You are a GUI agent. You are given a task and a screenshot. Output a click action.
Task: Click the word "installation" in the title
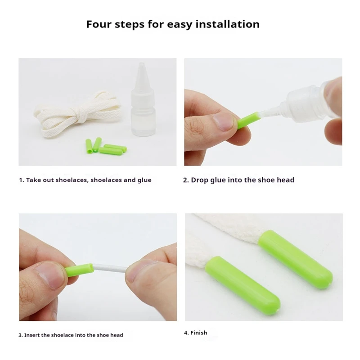click(x=228, y=24)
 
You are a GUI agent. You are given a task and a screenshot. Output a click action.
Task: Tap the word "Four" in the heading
click(x=99, y=24)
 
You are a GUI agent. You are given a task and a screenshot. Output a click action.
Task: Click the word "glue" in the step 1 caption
click(x=144, y=180)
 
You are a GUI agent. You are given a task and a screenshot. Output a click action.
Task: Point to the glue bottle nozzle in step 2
click(x=270, y=112)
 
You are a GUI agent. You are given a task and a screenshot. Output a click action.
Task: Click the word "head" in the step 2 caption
click(x=285, y=180)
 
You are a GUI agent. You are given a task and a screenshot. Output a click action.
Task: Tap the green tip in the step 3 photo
click(x=80, y=268)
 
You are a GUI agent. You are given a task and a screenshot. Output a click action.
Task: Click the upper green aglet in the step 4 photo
click(x=296, y=256)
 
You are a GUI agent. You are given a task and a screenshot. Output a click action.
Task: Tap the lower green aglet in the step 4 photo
click(x=243, y=283)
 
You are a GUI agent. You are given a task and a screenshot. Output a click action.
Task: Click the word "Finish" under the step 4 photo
click(x=199, y=333)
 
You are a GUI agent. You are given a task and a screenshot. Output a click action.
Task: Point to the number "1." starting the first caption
click(x=22, y=180)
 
